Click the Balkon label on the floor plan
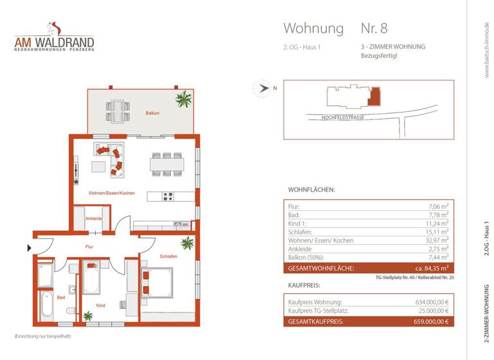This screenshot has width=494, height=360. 152,113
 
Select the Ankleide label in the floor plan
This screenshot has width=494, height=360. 93,219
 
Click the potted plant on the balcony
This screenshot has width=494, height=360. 184,99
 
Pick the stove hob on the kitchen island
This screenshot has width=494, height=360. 168,197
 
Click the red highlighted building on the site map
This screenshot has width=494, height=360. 376,96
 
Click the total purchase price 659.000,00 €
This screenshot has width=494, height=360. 430,321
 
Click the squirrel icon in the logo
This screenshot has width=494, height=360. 55,28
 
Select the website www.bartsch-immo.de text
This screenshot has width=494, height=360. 486,51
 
